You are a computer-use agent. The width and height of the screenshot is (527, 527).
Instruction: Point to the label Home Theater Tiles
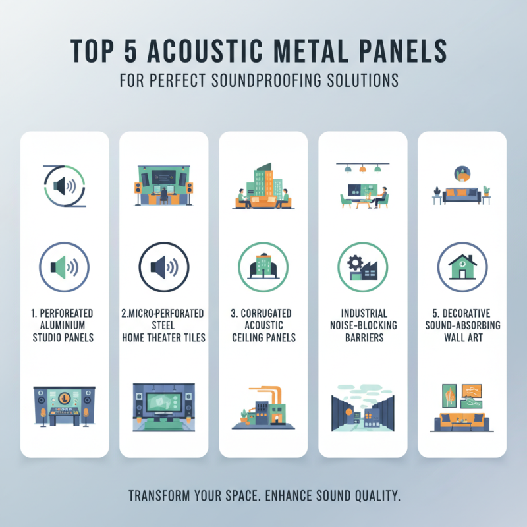click(x=164, y=338)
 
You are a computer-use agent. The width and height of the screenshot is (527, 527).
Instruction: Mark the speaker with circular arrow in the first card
click(x=65, y=186)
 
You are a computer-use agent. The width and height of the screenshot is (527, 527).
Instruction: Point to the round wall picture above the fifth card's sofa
click(x=461, y=173)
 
